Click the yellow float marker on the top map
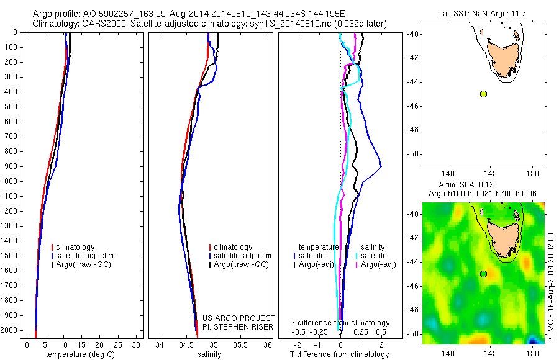coord(483,94)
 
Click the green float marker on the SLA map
coord(483,274)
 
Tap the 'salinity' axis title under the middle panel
coord(208,354)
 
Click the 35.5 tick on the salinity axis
coord(240,344)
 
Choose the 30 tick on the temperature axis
coord(137,344)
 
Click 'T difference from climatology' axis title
coord(340,354)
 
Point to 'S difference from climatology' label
coord(340,323)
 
